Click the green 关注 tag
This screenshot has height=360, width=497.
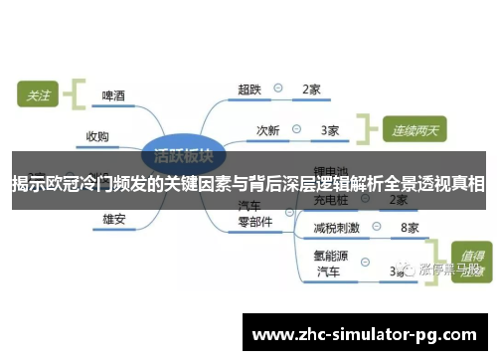coord(38,95)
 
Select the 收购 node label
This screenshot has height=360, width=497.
coord(97,136)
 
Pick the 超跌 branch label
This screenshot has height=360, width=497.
coord(248,90)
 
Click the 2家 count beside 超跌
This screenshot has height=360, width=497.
coord(310,90)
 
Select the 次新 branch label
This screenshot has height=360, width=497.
coord(268,129)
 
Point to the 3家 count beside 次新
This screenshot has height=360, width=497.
coord(330,129)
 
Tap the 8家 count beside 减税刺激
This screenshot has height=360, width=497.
coord(409,228)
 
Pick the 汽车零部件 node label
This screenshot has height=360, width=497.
coord(253,214)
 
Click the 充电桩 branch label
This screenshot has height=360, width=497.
coord(327,200)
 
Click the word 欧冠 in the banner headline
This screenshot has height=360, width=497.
coord(58,184)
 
